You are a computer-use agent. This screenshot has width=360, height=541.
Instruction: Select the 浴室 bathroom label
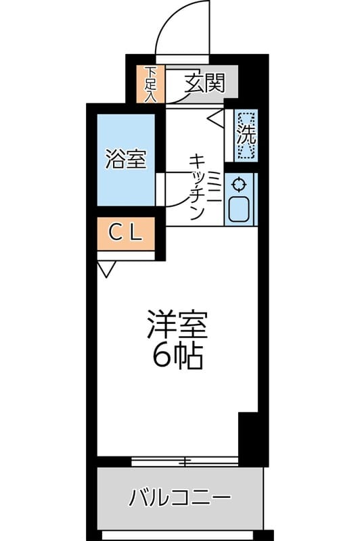[x=126, y=160]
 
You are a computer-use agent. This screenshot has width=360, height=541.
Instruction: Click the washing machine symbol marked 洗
[x=246, y=135]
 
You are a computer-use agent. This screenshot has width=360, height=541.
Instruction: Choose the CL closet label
[x=126, y=234]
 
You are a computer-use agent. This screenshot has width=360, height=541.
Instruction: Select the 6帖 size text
[x=178, y=356]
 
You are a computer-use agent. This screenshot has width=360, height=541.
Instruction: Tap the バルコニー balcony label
[x=180, y=499]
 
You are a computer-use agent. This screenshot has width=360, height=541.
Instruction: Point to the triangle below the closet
[x=106, y=270]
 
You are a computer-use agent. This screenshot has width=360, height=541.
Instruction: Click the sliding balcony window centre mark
[x=184, y=462]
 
